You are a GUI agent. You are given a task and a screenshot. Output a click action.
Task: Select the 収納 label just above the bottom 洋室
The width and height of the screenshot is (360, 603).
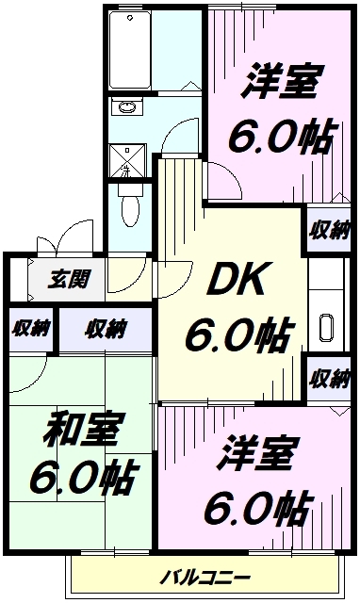[330, 379]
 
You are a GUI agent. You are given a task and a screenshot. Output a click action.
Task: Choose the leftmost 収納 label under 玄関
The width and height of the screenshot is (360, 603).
[28, 329]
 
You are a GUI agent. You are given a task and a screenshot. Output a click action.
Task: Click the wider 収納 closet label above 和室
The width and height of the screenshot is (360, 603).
[105, 329]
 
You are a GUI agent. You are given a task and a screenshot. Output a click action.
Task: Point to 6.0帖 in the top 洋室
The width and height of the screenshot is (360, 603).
[279, 138]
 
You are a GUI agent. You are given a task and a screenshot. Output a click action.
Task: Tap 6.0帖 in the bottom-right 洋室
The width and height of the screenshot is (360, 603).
[256, 509]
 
